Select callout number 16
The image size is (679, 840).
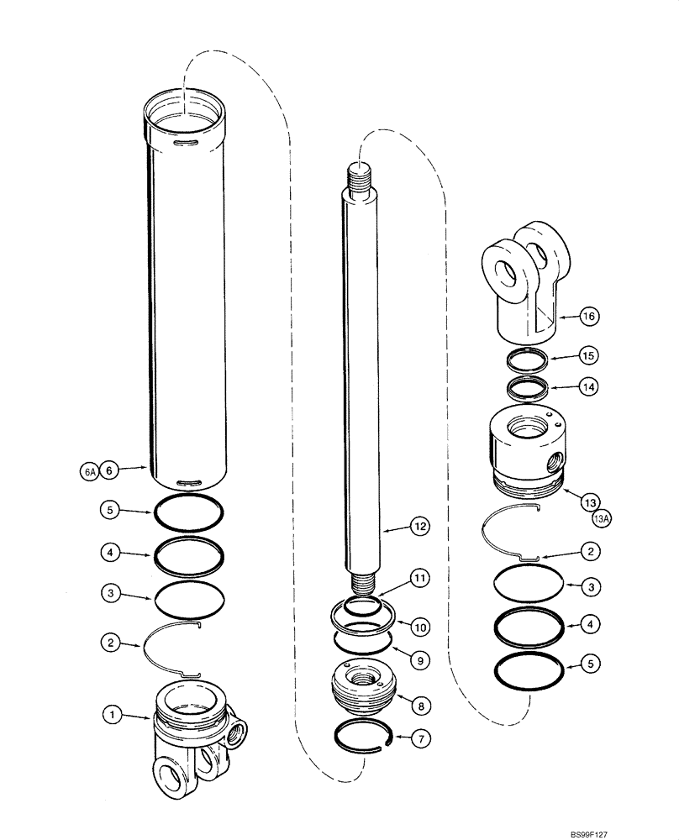click(x=587, y=316)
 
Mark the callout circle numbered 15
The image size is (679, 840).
click(x=587, y=356)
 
